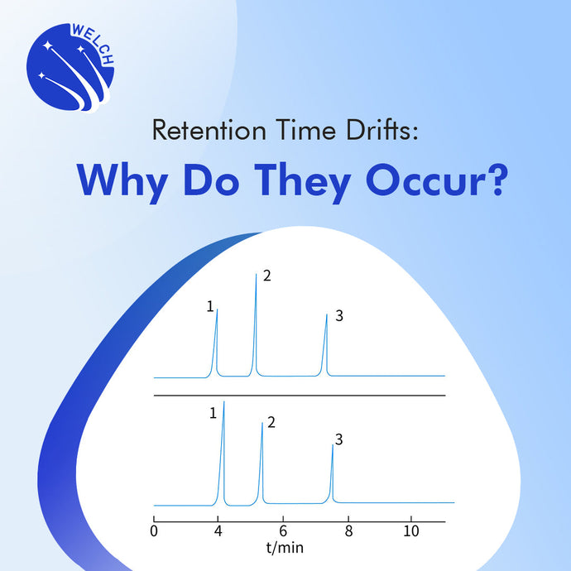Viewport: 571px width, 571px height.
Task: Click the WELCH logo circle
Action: click(x=71, y=70)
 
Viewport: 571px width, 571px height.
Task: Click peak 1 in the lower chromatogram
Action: click(x=223, y=451)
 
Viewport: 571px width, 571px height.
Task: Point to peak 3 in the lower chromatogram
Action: click(x=333, y=472)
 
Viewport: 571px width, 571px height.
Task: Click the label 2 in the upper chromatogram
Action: click(x=266, y=276)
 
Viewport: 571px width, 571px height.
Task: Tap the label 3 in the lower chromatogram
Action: click(x=338, y=440)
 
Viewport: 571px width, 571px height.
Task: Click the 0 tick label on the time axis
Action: click(x=155, y=531)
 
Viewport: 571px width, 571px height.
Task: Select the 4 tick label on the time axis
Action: click(x=218, y=531)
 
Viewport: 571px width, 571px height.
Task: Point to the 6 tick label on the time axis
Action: click(x=283, y=531)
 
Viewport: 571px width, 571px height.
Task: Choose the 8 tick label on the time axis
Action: click(x=348, y=531)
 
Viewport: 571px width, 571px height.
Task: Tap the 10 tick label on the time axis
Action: click(x=411, y=531)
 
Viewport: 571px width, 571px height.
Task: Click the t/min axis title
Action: click(x=283, y=548)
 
